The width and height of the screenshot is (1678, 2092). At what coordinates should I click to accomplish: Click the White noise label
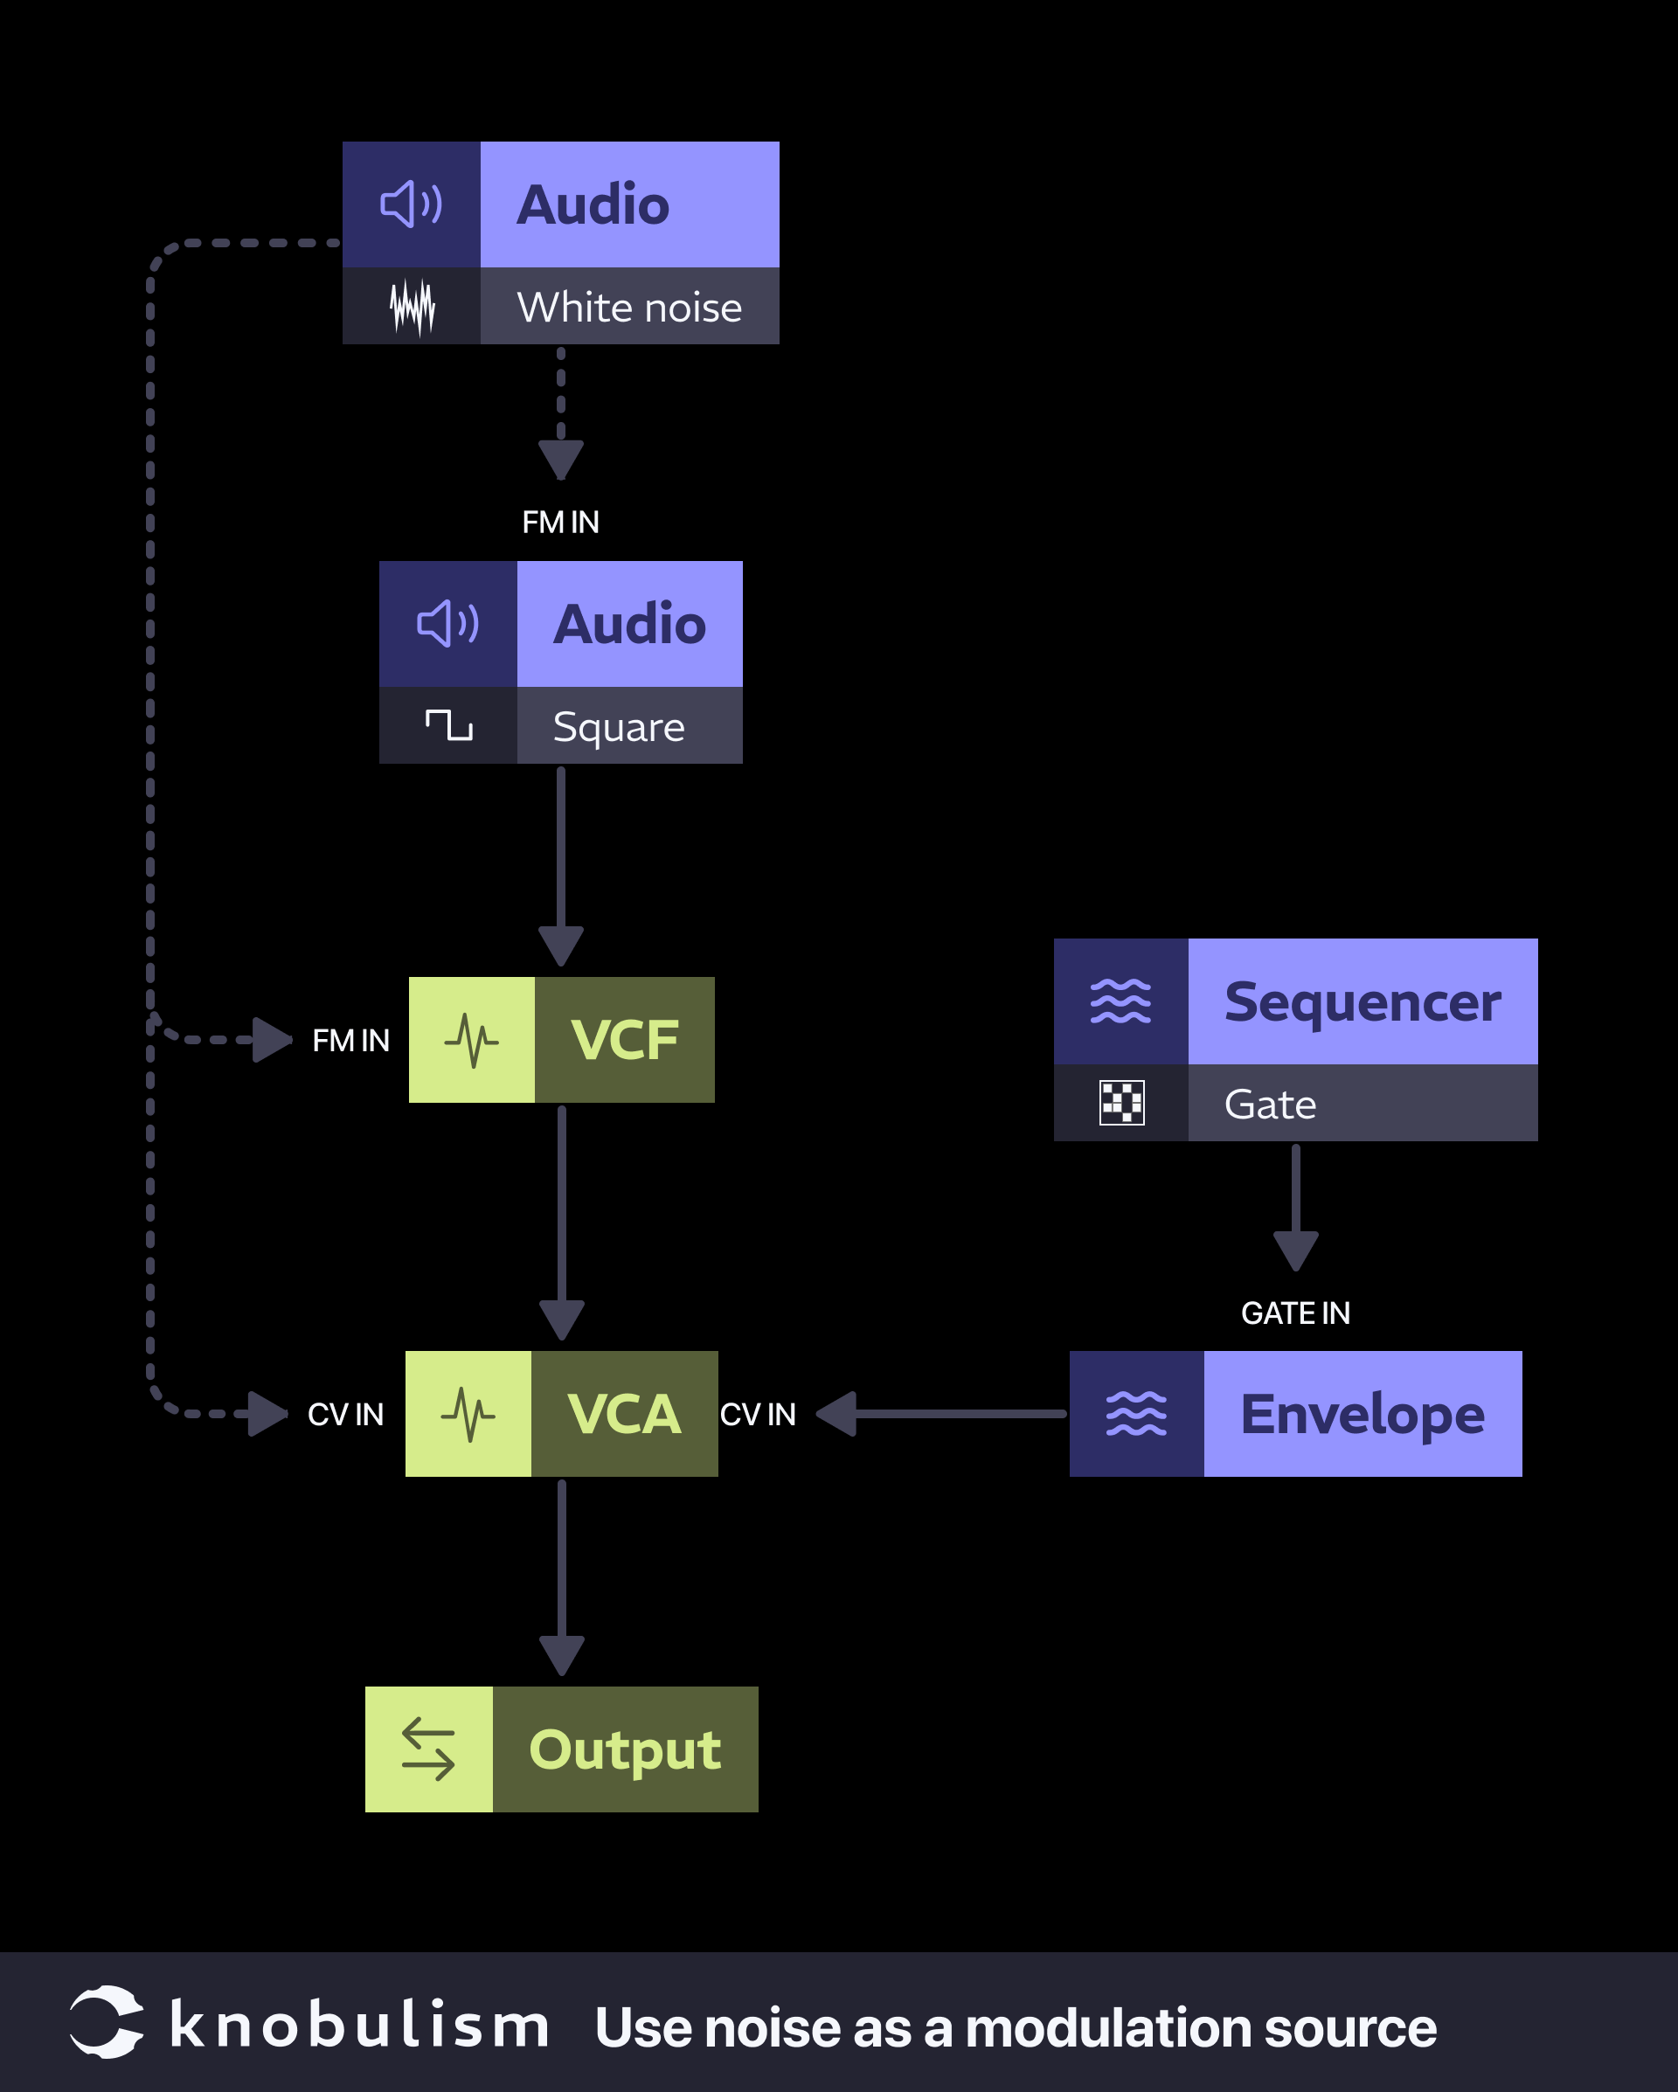point(629,307)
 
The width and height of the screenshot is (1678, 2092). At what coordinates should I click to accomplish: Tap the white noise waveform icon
point(412,307)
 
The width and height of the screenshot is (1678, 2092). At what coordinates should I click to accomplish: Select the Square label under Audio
point(618,727)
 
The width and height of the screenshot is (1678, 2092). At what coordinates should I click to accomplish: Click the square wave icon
point(448,724)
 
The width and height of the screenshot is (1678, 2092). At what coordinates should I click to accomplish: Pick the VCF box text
point(624,1040)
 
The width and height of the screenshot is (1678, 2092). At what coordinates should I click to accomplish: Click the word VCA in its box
point(624,1414)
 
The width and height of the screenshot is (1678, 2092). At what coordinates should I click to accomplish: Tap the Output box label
point(624,1749)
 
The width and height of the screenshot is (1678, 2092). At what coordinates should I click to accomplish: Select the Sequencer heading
point(1362,1001)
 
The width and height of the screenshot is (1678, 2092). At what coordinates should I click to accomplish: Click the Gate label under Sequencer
point(1269,1105)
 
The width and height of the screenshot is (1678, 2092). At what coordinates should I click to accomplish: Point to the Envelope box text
point(1362,1414)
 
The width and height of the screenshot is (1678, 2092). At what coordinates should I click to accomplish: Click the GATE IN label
point(1294,1313)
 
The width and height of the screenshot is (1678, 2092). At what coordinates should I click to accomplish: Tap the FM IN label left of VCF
point(350,1040)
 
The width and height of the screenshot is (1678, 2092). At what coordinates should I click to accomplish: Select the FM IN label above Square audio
point(560,522)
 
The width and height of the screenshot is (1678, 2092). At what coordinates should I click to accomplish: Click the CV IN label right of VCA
point(757,1414)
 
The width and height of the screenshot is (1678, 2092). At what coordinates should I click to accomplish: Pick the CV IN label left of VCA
point(345,1414)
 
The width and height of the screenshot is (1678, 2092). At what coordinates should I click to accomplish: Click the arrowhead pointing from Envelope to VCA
point(837,1414)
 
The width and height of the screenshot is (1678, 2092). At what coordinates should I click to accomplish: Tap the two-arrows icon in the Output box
point(428,1749)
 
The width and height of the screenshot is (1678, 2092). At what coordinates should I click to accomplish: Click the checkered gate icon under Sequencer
point(1121,1102)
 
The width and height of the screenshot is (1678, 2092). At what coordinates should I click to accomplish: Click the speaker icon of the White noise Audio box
point(411,204)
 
